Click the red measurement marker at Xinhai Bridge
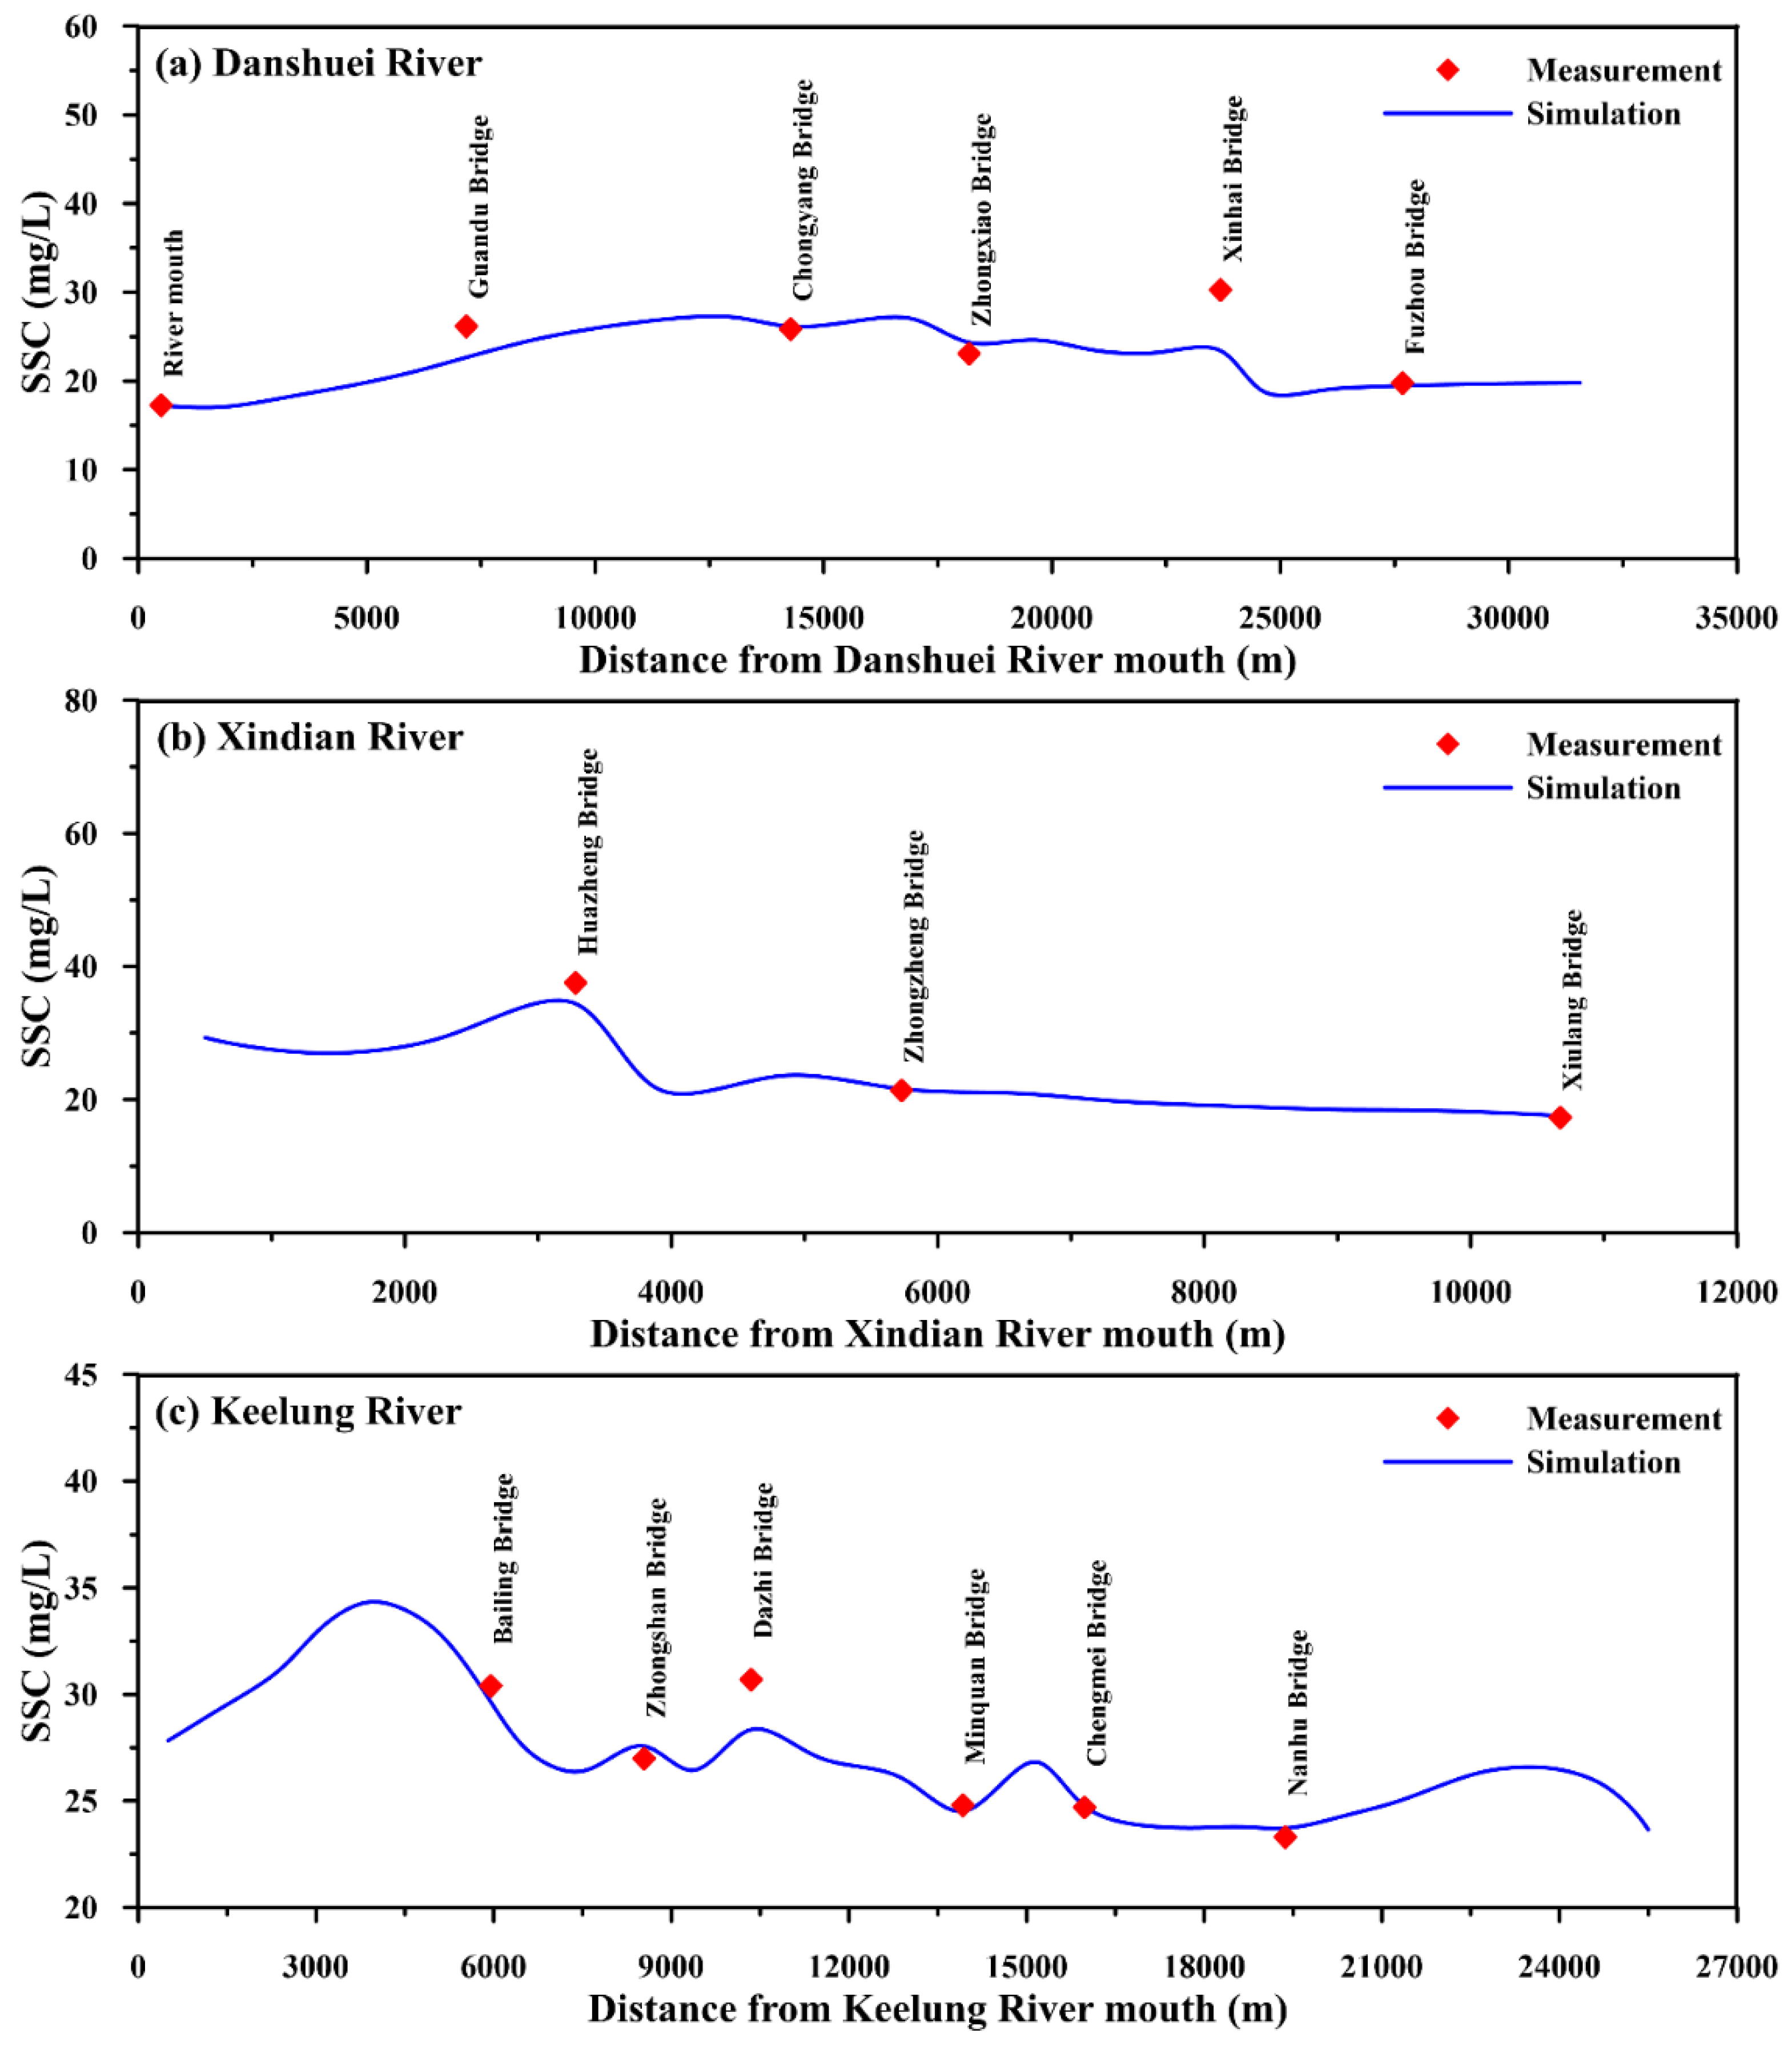[1219, 290]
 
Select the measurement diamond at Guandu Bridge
[466, 326]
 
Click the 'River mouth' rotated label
[174, 303]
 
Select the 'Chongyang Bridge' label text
[803, 190]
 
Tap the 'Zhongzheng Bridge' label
[914, 945]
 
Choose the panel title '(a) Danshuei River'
[318, 63]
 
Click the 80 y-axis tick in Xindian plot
[82, 701]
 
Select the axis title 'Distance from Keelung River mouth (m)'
[937, 2008]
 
